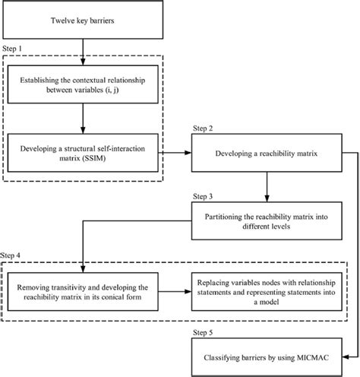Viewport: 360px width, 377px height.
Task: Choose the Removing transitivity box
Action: pyautogui.click(x=83, y=293)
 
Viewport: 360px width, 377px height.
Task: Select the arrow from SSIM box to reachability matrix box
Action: pyautogui.click(x=176, y=154)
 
